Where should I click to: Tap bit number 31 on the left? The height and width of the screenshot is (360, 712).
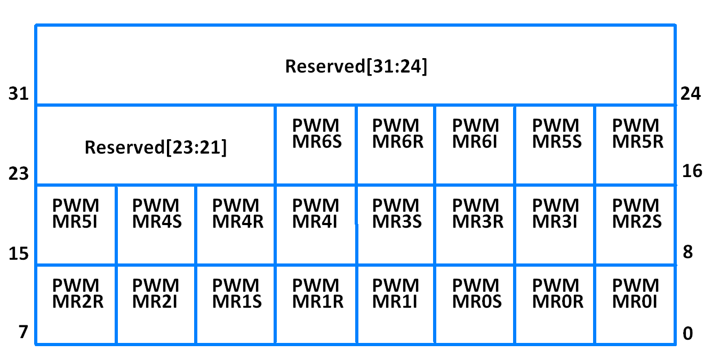[18, 94]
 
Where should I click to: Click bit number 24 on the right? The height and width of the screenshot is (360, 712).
[691, 94]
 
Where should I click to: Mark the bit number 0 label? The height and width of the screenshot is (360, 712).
[688, 334]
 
